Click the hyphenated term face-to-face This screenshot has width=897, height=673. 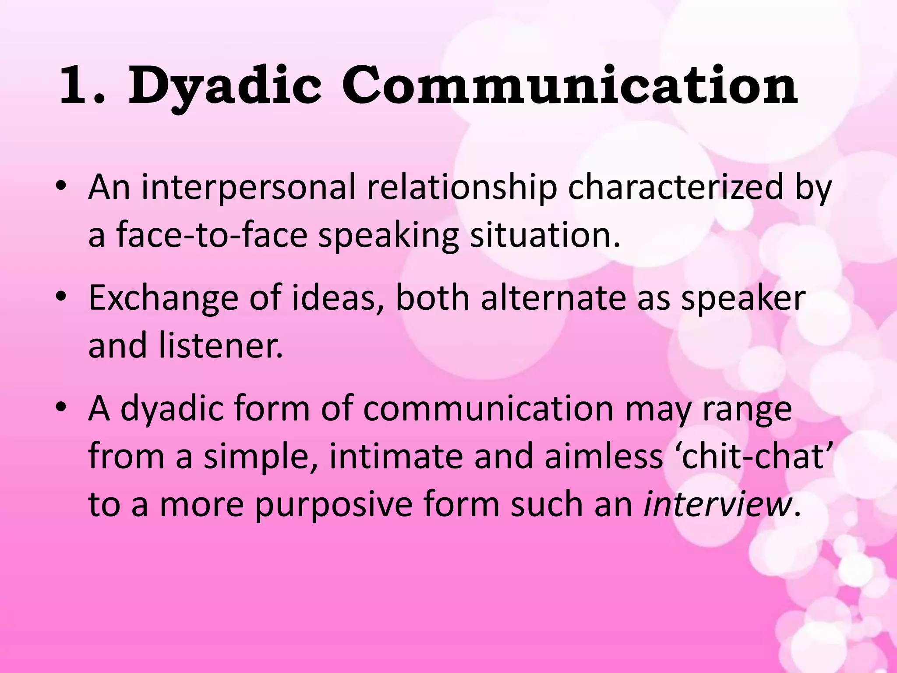coord(212,235)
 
